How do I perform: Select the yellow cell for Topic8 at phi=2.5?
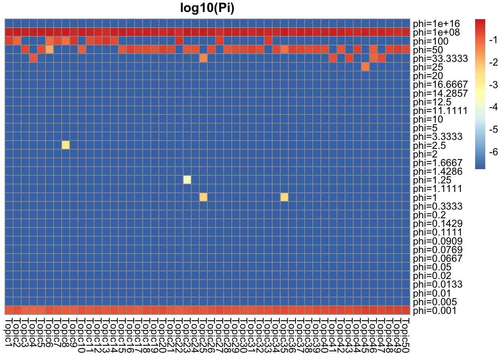tap(66, 145)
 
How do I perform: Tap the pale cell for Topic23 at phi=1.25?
tap(187, 180)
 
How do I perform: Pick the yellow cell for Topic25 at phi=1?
tap(203, 197)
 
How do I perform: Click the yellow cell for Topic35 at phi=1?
tap(284, 197)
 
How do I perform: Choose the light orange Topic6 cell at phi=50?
tap(49, 49)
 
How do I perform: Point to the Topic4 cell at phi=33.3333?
tap(33, 58)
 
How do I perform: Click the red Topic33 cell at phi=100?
tap(268, 40)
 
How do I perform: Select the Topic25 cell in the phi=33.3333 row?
tap(203, 58)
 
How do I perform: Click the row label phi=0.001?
tap(435, 310)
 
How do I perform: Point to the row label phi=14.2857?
tap(440, 93)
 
